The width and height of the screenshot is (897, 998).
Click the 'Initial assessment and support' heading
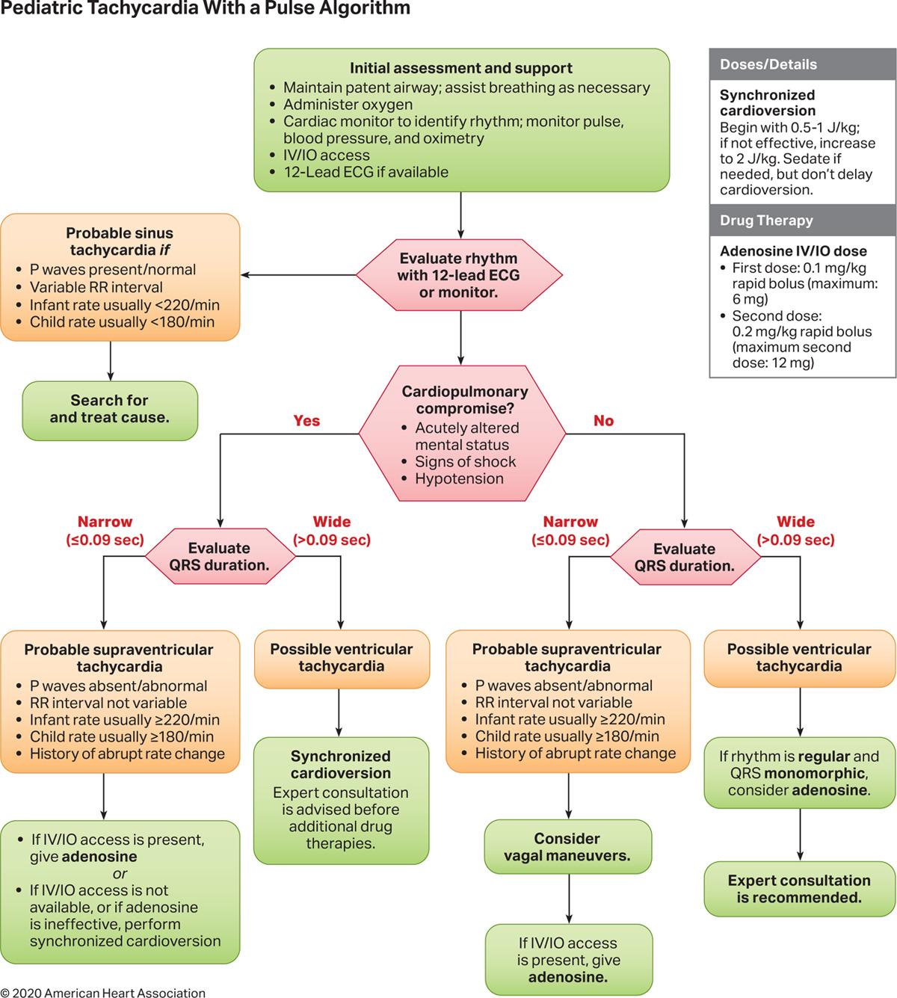click(460, 68)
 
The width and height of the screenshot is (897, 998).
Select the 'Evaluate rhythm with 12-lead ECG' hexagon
click(458, 275)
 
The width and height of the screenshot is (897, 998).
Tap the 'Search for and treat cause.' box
click(110, 409)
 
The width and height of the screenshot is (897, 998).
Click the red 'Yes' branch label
click(306, 421)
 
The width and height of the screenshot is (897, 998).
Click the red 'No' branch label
click(603, 421)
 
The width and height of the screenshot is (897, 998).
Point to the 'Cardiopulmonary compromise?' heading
click(464, 400)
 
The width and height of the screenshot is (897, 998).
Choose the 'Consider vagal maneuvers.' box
click(567, 847)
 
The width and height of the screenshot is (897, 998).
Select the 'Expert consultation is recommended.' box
click(799, 889)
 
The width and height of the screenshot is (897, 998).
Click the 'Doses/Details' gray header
click(768, 64)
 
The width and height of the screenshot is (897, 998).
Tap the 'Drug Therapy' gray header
click(766, 221)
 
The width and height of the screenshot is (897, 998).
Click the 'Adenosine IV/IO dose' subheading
click(793, 251)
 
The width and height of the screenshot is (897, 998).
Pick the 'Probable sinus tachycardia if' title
click(120, 241)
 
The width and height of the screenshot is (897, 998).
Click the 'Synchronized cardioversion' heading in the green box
click(340, 765)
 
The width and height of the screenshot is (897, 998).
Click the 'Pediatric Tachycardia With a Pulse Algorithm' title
click(206, 9)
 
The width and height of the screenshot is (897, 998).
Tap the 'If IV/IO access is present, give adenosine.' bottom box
click(568, 960)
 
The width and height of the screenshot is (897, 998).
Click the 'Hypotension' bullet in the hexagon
click(459, 478)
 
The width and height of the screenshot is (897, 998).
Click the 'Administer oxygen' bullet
click(348, 105)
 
